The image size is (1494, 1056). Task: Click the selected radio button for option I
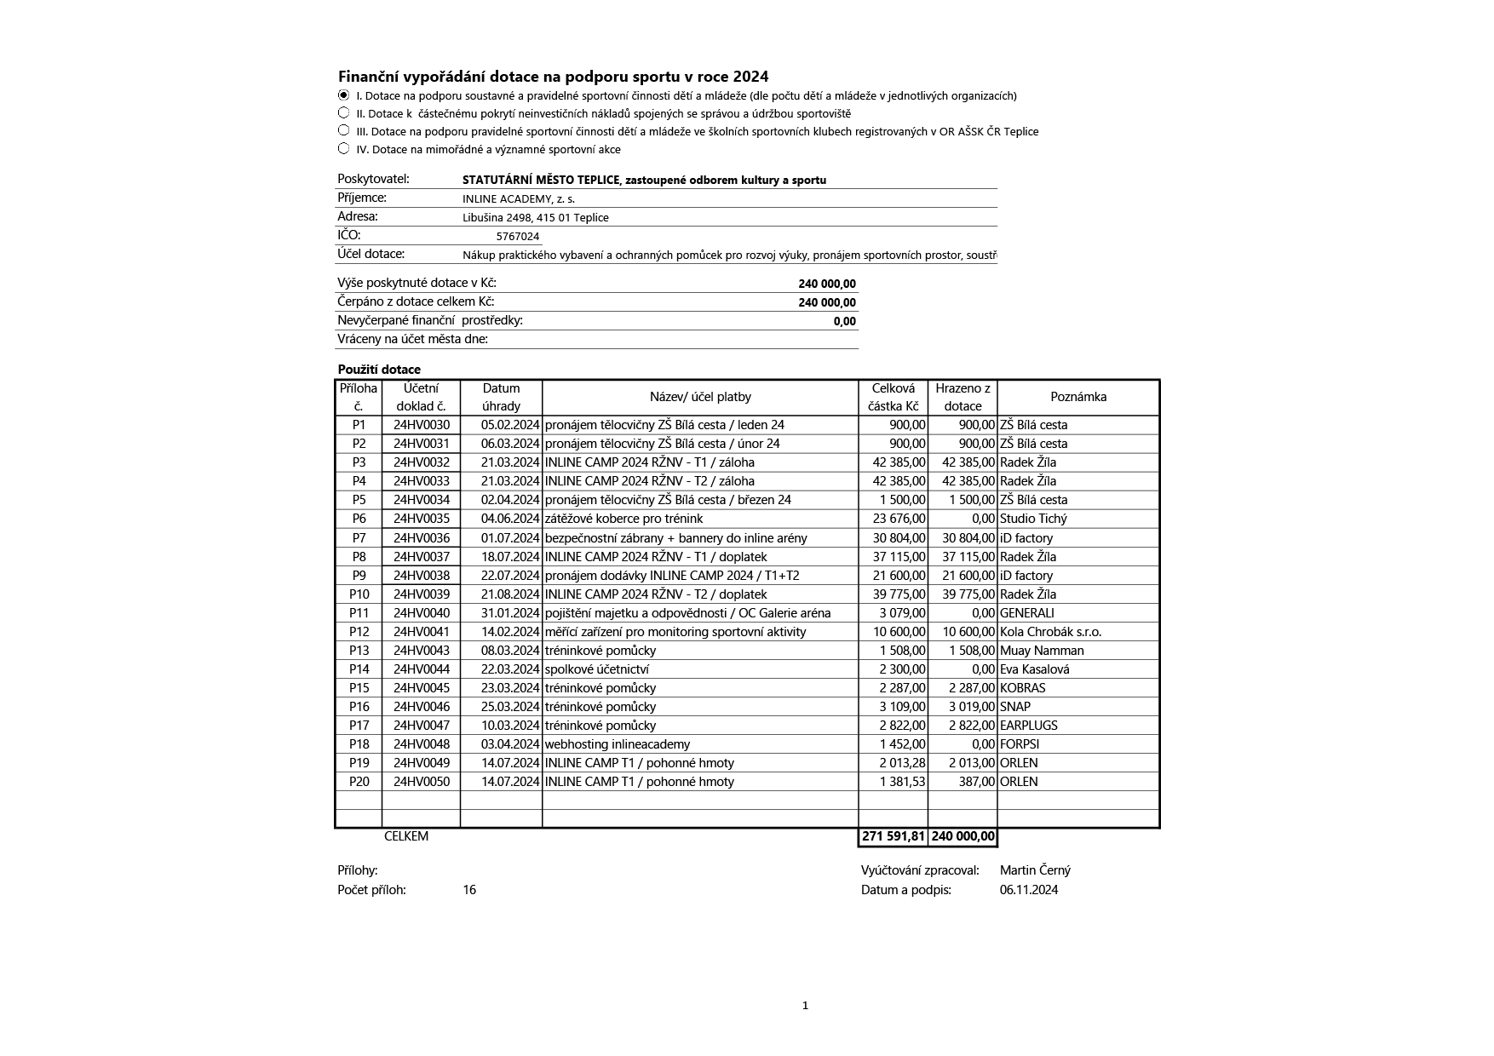(x=343, y=95)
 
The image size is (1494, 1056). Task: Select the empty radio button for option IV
(x=343, y=149)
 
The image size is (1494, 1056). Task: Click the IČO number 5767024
(x=518, y=237)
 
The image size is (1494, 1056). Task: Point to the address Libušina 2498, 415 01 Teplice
(x=535, y=218)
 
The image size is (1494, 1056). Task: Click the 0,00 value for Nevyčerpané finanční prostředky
(x=844, y=321)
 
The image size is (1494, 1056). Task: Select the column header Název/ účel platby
(x=700, y=397)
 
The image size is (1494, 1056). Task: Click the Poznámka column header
(x=1078, y=397)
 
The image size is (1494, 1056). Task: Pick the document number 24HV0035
(x=421, y=519)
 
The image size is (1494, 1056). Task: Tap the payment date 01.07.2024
(x=510, y=538)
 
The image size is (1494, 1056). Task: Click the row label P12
(x=359, y=632)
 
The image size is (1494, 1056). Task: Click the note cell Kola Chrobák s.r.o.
(x=1050, y=632)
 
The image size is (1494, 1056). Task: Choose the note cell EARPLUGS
(x=1028, y=726)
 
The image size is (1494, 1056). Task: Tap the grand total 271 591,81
(x=893, y=837)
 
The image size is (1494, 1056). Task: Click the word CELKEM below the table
(x=406, y=836)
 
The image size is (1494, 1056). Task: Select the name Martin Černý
(x=1035, y=870)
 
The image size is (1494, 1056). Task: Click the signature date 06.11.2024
(x=1029, y=890)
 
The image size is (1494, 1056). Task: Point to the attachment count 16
(x=469, y=890)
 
